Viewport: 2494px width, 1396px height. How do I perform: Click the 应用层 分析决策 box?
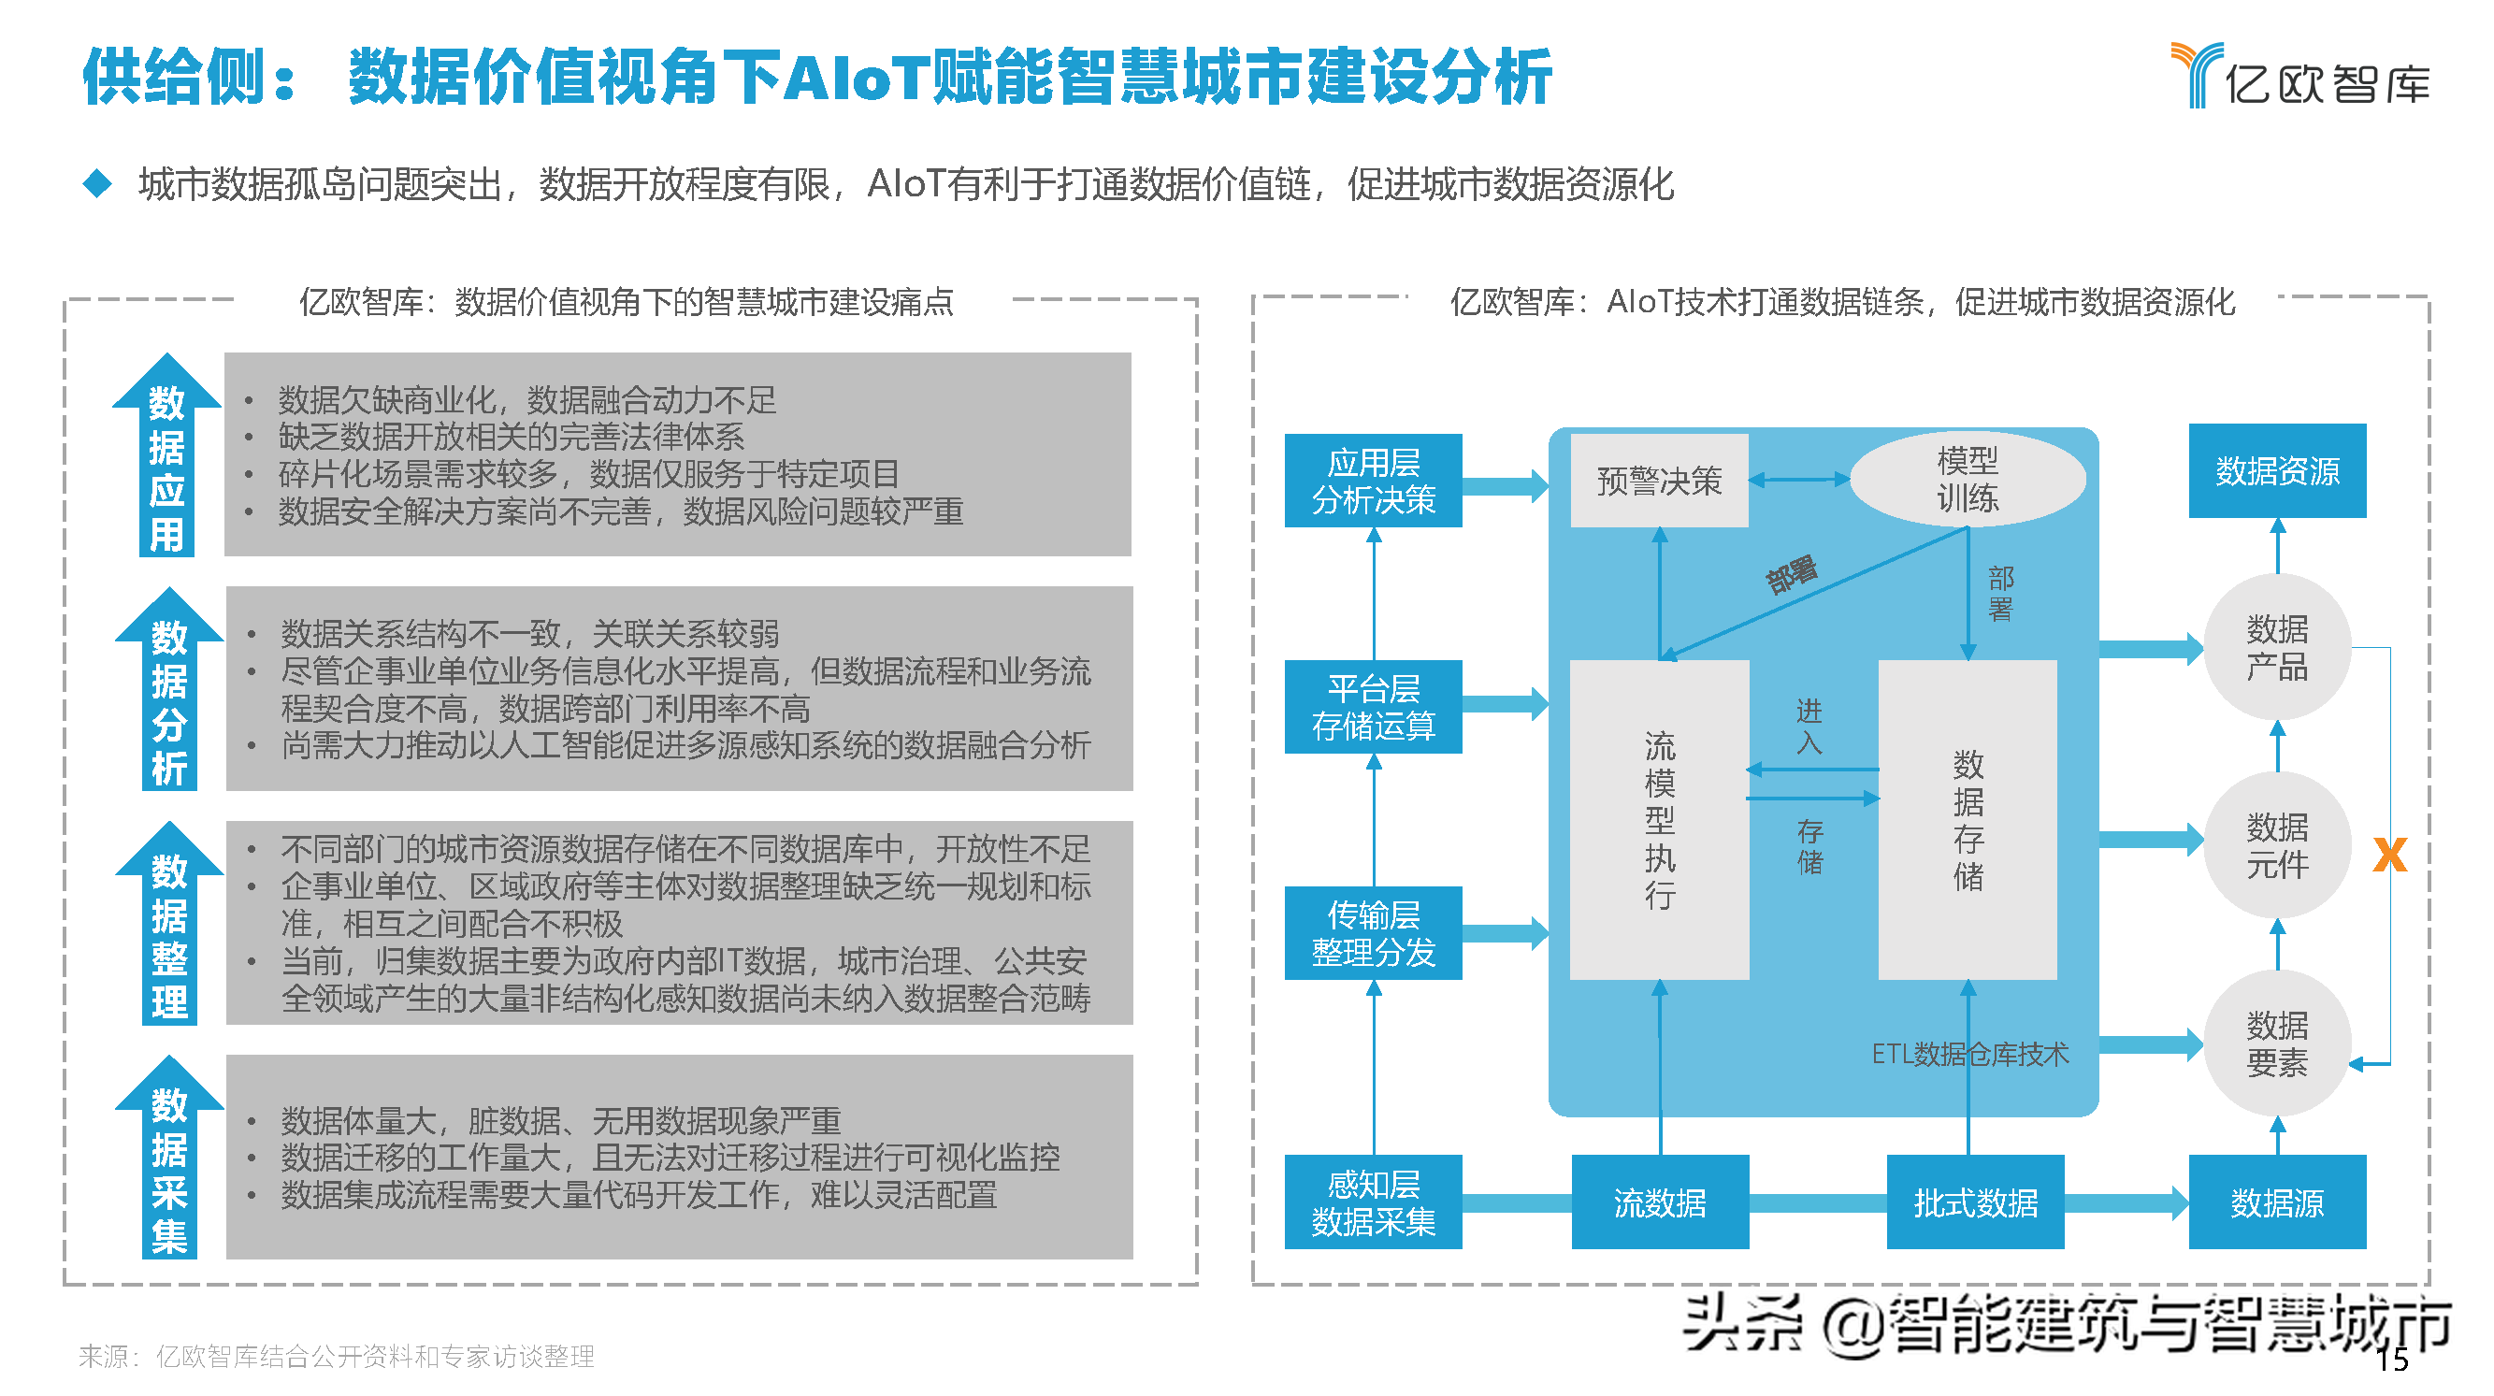coord(1372,482)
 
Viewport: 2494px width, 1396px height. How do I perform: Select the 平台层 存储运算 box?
coord(1372,707)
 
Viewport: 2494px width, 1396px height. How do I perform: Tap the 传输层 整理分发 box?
coord(1372,933)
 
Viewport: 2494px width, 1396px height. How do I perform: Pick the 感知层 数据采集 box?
coord(1372,1202)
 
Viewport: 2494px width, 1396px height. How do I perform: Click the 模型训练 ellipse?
coord(1967,480)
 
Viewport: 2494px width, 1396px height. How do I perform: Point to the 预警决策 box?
coord(1659,482)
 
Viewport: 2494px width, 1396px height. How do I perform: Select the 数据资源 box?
coord(2276,471)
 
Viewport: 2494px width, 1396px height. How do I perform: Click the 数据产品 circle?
coord(2276,648)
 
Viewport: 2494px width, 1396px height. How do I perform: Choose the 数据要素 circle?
coord(2276,1043)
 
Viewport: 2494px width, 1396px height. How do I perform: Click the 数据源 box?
coord(2276,1202)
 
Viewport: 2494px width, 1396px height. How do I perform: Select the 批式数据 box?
coord(1974,1202)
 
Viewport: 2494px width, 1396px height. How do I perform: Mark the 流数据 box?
coord(1659,1202)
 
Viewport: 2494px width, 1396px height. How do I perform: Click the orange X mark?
coord(2388,855)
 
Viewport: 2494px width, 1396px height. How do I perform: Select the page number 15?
coord(2391,1360)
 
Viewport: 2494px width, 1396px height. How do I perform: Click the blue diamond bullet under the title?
coord(97,183)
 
